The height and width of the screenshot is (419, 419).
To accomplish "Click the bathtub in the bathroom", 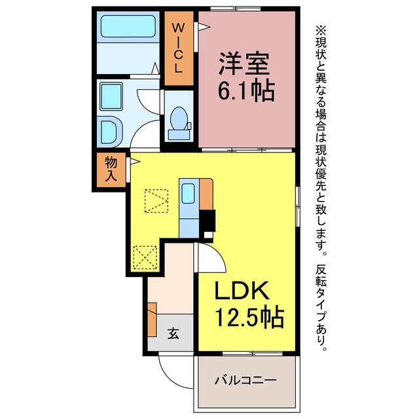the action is [128, 26].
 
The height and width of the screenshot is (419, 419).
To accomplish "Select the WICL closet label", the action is [178, 48].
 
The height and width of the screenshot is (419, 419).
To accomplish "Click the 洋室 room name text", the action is [244, 63].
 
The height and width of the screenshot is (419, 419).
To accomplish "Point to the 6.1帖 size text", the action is [246, 90].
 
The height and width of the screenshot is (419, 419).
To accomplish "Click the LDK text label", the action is [242, 290].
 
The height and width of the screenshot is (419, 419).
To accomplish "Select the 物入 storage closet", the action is [111, 170].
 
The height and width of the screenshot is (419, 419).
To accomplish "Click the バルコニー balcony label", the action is [246, 380].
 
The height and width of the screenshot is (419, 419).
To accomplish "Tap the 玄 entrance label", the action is [173, 333].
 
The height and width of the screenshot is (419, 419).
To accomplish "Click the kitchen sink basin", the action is [189, 193].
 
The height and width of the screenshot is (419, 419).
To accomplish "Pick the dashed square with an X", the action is [145, 257].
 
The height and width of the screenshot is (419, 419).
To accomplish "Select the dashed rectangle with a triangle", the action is [156, 201].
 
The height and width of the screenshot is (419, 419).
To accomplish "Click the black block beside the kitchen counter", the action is [208, 221].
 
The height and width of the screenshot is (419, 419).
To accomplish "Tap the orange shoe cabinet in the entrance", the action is [152, 319].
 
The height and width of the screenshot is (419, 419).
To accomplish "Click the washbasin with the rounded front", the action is [111, 132].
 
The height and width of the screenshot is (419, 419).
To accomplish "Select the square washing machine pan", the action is [111, 96].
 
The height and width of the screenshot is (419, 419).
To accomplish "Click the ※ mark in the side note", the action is [321, 30].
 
